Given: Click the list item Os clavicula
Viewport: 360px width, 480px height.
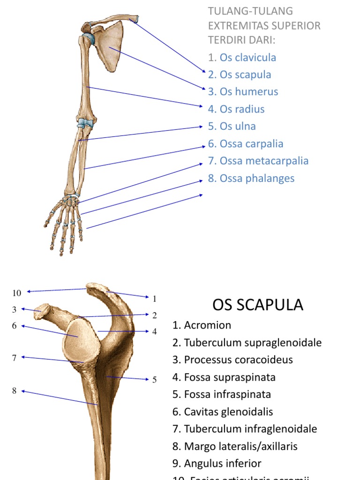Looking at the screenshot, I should click(x=247, y=58).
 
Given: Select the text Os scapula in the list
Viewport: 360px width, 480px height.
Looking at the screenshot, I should click(x=245, y=75).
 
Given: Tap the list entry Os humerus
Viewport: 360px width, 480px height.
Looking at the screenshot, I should click(x=248, y=92).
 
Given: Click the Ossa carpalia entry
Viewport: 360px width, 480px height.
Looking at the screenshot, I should click(x=251, y=144).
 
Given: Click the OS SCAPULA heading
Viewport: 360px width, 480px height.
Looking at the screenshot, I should click(x=258, y=305).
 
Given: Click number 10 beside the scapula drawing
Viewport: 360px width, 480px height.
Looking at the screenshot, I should click(x=17, y=293).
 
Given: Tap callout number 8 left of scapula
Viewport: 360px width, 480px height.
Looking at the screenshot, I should click(x=15, y=390).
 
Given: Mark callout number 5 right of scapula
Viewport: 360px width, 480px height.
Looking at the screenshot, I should click(x=154, y=380).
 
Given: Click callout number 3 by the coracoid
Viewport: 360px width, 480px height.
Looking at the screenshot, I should click(x=15, y=309).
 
